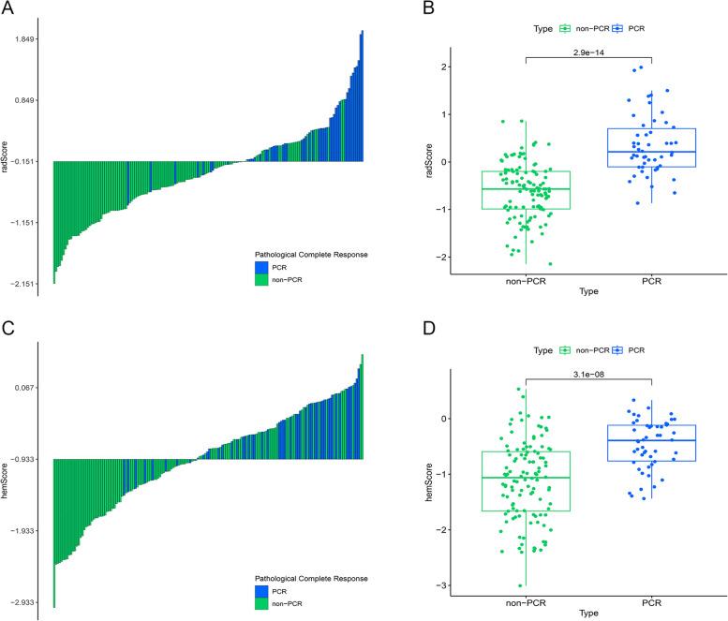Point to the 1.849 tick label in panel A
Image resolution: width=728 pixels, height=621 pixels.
22,39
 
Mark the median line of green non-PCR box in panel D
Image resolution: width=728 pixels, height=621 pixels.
526,478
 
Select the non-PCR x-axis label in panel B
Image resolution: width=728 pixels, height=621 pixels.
526,278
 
